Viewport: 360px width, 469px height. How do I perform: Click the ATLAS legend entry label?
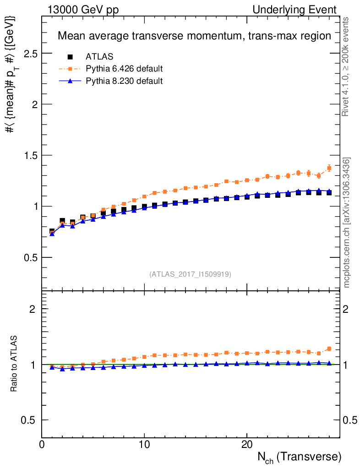(x=99, y=57)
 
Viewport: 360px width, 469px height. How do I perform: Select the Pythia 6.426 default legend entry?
(x=124, y=69)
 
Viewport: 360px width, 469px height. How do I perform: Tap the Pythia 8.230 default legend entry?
(x=124, y=81)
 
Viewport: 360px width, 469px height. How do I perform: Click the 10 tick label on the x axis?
(x=144, y=445)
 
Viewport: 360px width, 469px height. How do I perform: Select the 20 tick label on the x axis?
(x=247, y=445)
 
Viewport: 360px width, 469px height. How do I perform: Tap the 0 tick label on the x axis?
(x=42, y=445)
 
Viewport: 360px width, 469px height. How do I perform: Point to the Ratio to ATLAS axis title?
(x=15, y=364)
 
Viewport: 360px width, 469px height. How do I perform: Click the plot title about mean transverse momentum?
(x=194, y=36)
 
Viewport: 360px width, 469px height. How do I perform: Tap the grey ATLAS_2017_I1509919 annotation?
(x=190, y=274)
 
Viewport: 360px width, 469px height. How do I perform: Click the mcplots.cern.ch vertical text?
(x=347, y=223)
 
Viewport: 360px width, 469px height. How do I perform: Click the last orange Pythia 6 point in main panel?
(x=329, y=168)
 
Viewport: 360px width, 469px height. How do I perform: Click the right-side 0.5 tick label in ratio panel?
(x=350, y=420)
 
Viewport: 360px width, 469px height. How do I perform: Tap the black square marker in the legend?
(x=71, y=57)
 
